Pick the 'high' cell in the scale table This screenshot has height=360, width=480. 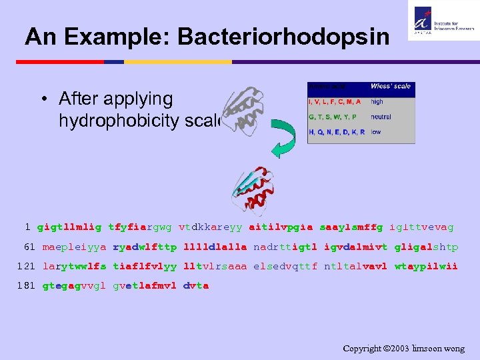pos(377,102)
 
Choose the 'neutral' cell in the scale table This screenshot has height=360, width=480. pos(381,117)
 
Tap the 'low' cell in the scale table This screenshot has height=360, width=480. pos(376,132)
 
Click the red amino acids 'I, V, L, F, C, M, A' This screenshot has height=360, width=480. pos(335,102)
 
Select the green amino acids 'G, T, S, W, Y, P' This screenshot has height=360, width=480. pos(333,117)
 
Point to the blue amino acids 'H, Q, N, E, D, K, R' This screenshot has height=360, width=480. pos(337,132)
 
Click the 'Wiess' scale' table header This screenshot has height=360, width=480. pos(391,86)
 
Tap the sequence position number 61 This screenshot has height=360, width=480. pos(29,247)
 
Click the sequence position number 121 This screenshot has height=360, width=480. pos(26,266)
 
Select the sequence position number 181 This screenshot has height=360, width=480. pos(26,285)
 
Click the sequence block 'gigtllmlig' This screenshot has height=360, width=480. pos(69,227)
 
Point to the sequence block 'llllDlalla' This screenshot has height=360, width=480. pos(215,247)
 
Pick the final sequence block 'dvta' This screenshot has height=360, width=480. pos(196,285)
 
